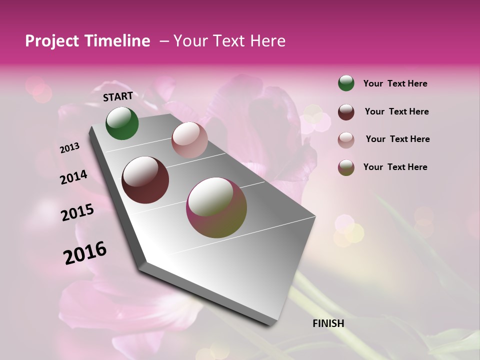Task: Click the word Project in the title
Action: tap(52, 41)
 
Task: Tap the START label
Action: tap(118, 96)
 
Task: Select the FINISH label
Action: tap(328, 323)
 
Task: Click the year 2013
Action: tap(70, 148)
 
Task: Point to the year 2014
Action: tap(73, 177)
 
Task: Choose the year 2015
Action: tap(77, 212)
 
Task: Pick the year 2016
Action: tap(85, 252)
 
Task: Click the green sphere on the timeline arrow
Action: tap(122, 123)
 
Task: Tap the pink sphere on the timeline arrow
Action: tap(189, 140)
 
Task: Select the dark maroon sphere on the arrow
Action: tap(145, 180)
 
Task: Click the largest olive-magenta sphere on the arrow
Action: tap(216, 207)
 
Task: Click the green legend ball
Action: tap(346, 83)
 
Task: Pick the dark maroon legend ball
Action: tap(346, 111)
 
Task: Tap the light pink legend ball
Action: tap(346, 139)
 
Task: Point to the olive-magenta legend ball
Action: tap(346, 167)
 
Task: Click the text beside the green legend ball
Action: tap(395, 83)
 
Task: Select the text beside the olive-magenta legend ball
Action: tap(395, 167)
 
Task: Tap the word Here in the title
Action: tap(267, 41)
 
